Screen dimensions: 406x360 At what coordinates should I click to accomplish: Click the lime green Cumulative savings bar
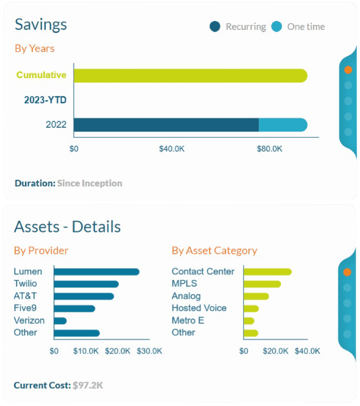[x=191, y=76]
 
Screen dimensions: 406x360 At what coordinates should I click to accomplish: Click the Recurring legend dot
[x=215, y=27]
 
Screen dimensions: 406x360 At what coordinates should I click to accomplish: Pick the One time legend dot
[x=277, y=27]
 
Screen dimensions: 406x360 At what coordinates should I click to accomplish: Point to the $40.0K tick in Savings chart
[x=171, y=149]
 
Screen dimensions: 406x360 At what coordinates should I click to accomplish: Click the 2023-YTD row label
[x=45, y=100]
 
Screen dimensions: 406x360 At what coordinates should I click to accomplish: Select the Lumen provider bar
[x=96, y=272]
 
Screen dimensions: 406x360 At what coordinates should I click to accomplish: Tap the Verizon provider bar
[x=60, y=320]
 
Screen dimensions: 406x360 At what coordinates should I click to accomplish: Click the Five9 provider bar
[x=75, y=308]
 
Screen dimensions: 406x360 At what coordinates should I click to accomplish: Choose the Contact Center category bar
[x=268, y=272]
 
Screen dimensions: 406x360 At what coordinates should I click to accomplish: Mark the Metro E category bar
[x=249, y=320]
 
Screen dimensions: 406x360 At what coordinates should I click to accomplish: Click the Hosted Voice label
[x=199, y=308]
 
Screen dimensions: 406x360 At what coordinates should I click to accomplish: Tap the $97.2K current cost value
[x=88, y=385]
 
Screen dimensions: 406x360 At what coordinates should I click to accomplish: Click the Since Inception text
[x=90, y=183]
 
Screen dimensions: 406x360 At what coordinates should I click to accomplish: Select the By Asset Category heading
[x=214, y=251]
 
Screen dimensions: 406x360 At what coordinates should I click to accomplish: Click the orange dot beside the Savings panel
[x=348, y=70]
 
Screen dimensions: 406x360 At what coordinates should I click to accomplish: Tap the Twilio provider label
[x=25, y=283]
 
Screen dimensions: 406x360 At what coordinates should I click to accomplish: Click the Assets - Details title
[x=67, y=227]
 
